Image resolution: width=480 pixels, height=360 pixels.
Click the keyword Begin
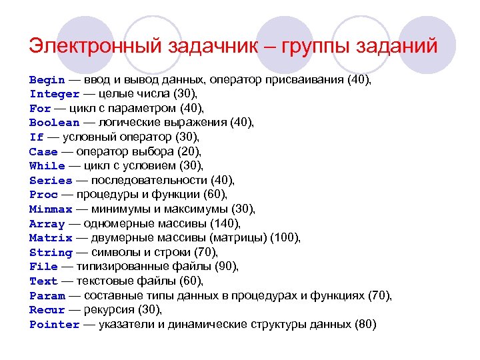coord(47,79)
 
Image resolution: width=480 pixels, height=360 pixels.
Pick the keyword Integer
coord(54,94)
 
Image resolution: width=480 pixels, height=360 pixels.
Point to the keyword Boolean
coord(54,123)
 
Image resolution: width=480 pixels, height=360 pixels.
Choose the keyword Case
coord(43,151)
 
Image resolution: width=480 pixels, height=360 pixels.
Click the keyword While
coord(47,166)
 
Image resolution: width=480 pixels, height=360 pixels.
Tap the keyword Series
coord(51,181)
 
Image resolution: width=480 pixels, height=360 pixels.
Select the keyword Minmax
coord(51,209)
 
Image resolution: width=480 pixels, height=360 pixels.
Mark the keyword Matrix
coord(51,238)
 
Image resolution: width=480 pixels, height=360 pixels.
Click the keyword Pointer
coord(54,325)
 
